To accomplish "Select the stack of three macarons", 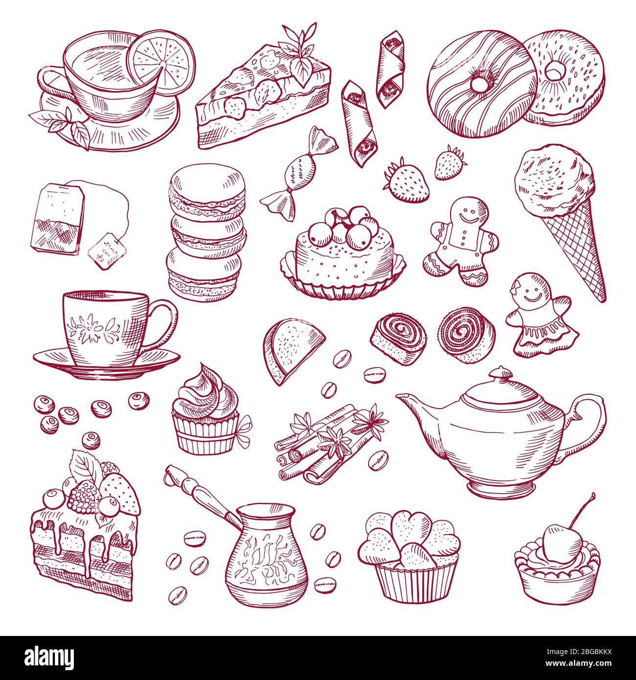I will (x=207, y=231).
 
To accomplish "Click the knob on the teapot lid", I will (x=500, y=376).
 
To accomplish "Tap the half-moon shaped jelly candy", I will (x=294, y=350).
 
